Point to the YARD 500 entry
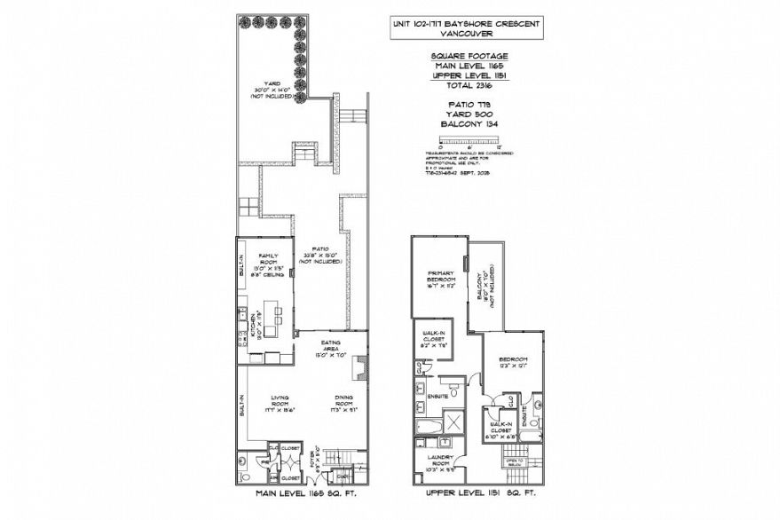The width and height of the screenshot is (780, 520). point(465,114)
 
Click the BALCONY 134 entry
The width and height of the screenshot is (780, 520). point(465,124)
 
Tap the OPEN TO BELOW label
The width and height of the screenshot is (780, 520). point(516,461)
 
